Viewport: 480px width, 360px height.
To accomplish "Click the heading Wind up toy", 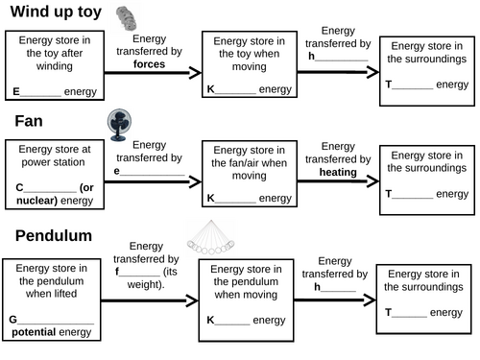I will point(55,12).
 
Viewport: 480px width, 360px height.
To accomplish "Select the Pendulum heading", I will point(53,235).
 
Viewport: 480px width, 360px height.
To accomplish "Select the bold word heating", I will point(338,172).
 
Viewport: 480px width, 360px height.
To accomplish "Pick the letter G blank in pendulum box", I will point(53,319).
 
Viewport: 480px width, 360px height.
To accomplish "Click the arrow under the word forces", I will point(154,73).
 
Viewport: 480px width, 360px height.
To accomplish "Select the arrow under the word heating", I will point(337,182).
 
